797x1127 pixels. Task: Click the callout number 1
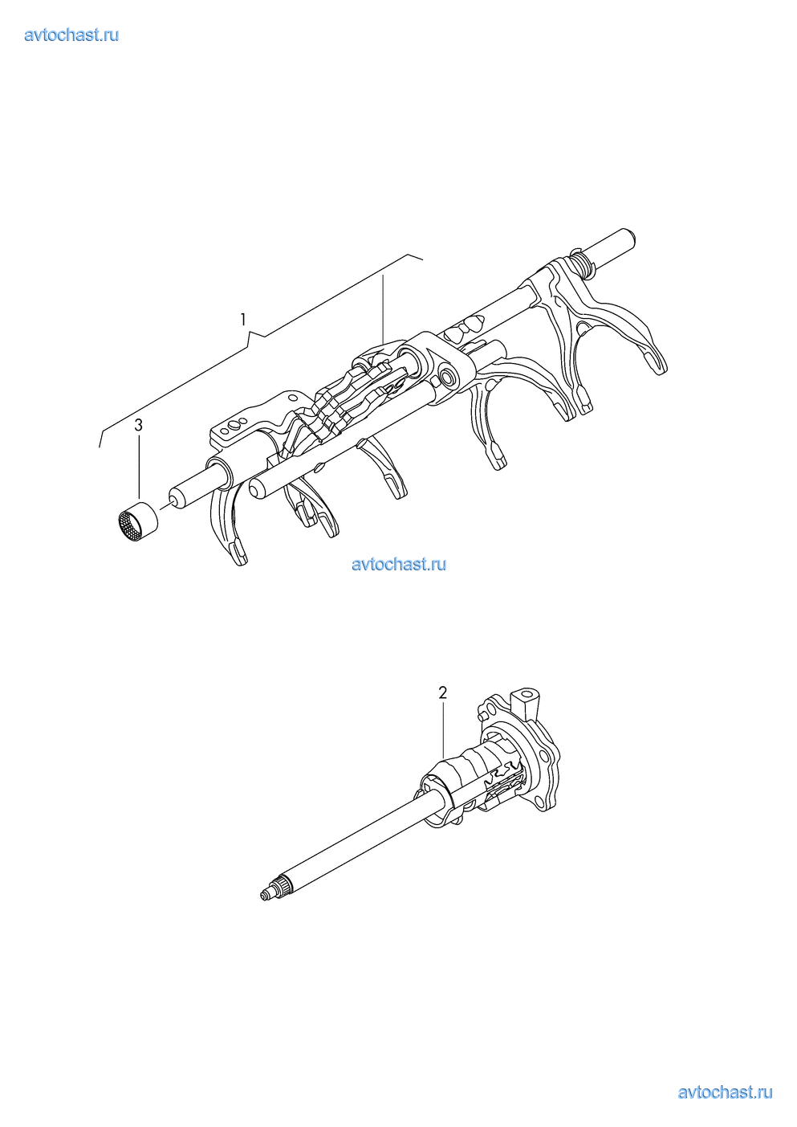coord(243,320)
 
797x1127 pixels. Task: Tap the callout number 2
coord(442,692)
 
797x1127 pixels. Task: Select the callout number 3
coord(138,425)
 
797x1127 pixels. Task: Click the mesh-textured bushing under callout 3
coord(135,521)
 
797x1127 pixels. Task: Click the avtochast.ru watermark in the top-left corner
coord(71,35)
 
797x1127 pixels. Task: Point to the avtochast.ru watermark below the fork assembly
coord(399,564)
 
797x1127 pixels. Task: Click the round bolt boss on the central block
coord(446,378)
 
